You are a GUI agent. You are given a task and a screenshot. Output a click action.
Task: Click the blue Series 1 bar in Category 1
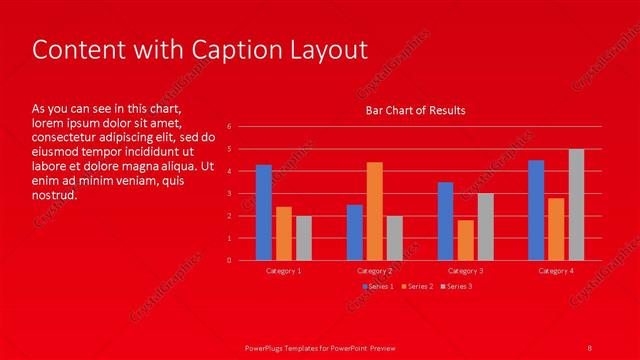point(264,212)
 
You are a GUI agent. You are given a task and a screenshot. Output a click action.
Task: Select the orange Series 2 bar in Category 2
point(375,211)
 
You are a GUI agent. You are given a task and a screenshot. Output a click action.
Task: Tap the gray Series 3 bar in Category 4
point(577,204)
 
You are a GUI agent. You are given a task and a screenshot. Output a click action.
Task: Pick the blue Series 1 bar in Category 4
point(536,210)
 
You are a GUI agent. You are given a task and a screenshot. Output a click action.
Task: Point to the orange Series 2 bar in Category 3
point(465,240)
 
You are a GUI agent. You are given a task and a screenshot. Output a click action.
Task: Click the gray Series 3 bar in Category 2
point(395,238)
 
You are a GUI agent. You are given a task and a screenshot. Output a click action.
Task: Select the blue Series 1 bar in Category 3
point(445,221)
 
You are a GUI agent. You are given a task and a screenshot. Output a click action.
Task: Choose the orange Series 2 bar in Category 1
point(284,233)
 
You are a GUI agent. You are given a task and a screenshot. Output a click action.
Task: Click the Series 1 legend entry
point(378,287)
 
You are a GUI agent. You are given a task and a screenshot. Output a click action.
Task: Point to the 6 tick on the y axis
point(230,127)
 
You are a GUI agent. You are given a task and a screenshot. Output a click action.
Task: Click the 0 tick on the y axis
point(230,260)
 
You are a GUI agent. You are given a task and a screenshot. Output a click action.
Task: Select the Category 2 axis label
point(375,271)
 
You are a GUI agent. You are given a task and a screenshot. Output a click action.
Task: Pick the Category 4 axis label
point(556,271)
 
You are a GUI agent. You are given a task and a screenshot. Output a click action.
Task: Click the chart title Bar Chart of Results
point(415,110)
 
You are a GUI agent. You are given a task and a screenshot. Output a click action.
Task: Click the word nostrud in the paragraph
point(54,195)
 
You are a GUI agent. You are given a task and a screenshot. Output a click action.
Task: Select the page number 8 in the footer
point(590,346)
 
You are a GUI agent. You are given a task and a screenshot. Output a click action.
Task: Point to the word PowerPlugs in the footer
point(268,346)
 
